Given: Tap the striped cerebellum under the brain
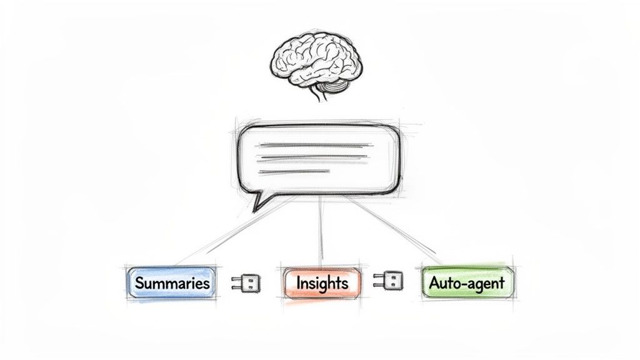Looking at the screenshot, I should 334,87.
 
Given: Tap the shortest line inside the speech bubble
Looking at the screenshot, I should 285,171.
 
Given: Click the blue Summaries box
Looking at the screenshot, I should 171,282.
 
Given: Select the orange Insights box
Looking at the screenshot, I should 322,282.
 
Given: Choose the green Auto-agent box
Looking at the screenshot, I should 467,282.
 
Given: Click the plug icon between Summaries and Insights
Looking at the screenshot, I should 246,282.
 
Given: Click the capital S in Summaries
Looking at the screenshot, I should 139,282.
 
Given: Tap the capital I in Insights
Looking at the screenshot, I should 299,282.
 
